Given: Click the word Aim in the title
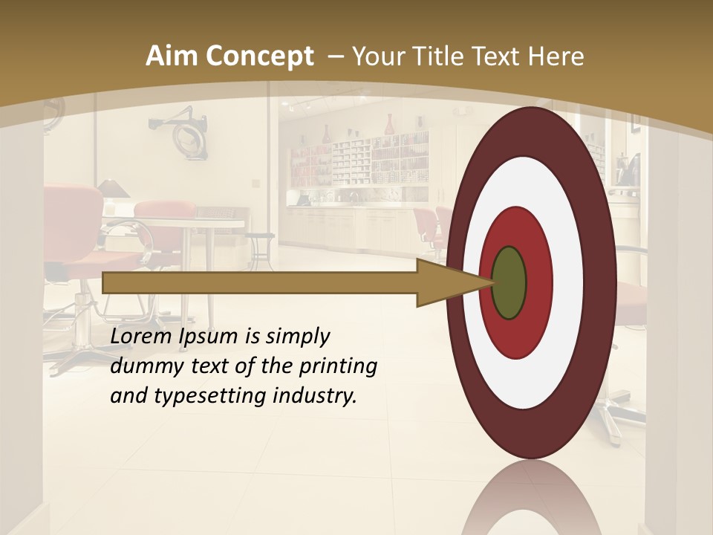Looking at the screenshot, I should (x=172, y=56).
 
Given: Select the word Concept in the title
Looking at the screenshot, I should (x=259, y=56).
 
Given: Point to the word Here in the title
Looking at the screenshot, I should (x=556, y=56).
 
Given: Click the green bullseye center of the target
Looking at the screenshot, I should (x=509, y=282).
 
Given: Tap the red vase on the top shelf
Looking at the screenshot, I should (x=388, y=124).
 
